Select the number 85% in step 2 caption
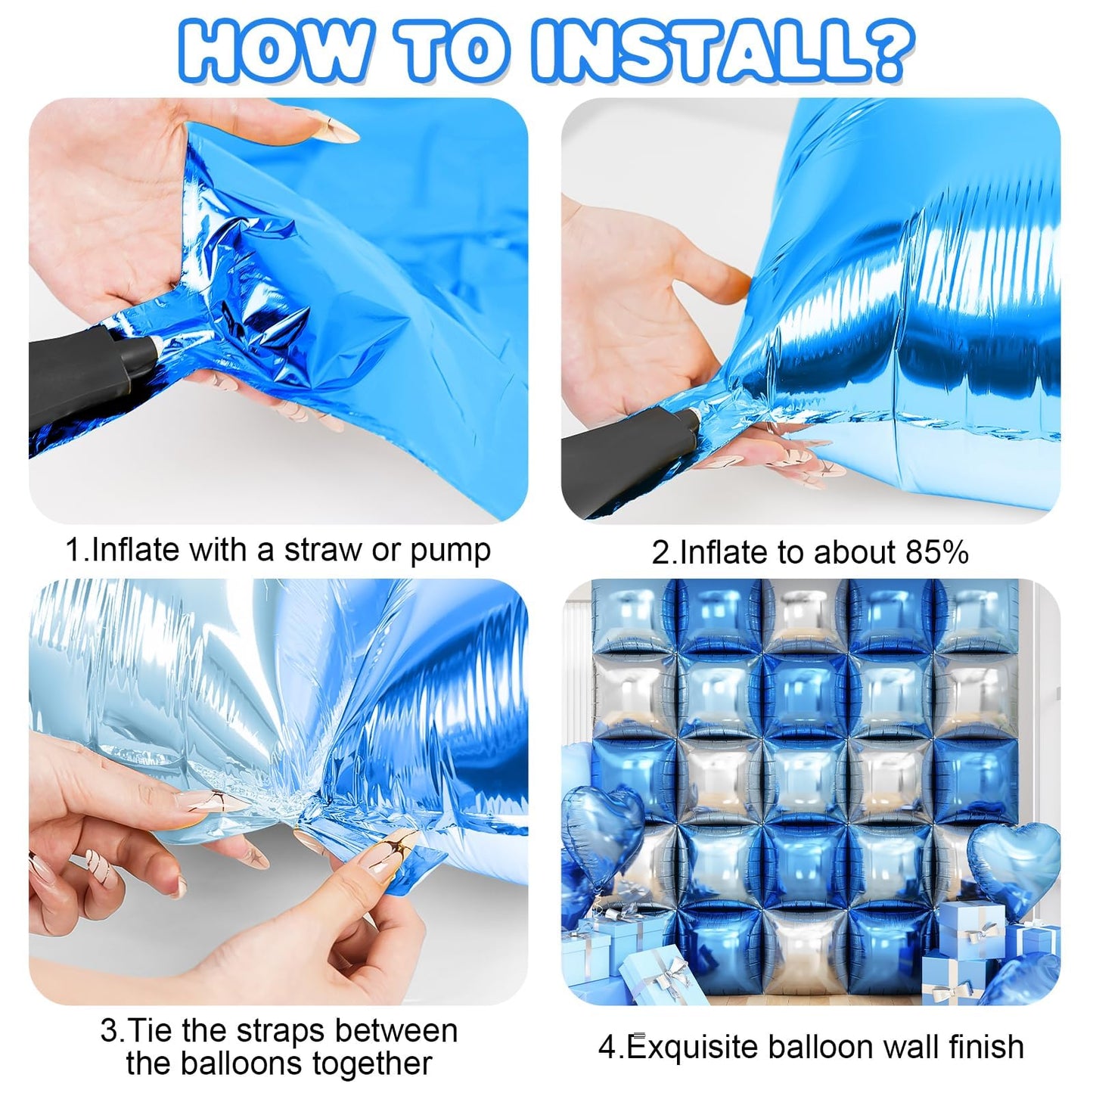pos(937,551)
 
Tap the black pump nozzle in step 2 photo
pos(629,454)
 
